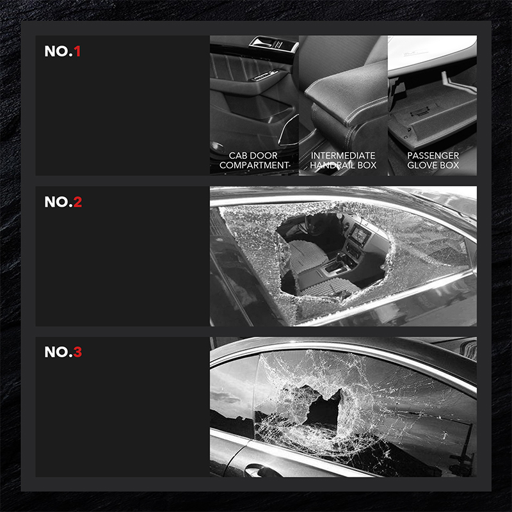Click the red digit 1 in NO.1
click(77, 51)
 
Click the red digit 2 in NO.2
click(77, 202)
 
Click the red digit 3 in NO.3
click(77, 352)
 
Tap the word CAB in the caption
click(237, 156)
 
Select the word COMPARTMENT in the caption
click(254, 165)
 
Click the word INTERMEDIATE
click(343, 156)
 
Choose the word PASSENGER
click(433, 156)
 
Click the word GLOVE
click(420, 165)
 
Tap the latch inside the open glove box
click(419, 113)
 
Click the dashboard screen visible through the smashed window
click(360, 234)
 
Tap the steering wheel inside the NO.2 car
click(310, 225)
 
